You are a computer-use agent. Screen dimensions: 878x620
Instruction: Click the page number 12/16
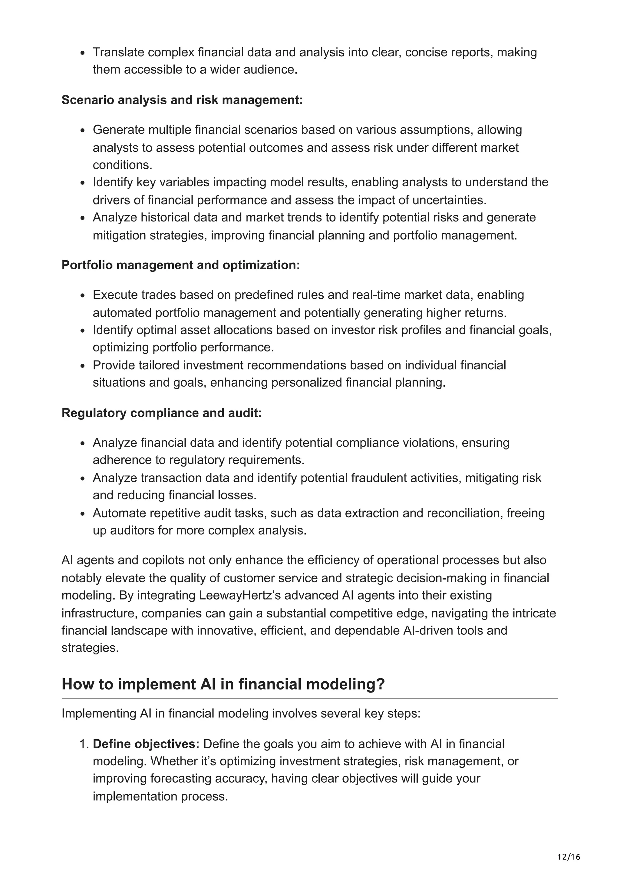click(x=569, y=857)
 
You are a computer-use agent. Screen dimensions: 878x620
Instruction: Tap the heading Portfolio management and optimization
click(x=181, y=265)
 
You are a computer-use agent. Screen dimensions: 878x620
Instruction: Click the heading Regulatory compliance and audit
click(x=162, y=413)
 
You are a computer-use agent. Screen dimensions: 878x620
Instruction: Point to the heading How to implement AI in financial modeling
click(x=223, y=684)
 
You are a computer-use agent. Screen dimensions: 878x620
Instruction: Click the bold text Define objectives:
click(x=146, y=744)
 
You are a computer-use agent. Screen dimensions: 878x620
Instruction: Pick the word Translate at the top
click(x=118, y=52)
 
